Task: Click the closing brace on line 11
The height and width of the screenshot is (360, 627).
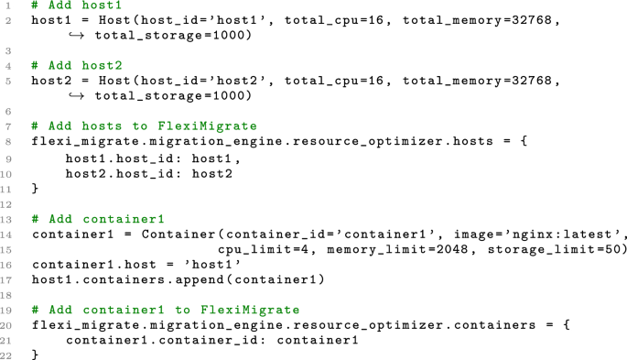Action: (35, 188)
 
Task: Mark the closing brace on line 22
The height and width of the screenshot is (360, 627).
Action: (35, 355)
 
